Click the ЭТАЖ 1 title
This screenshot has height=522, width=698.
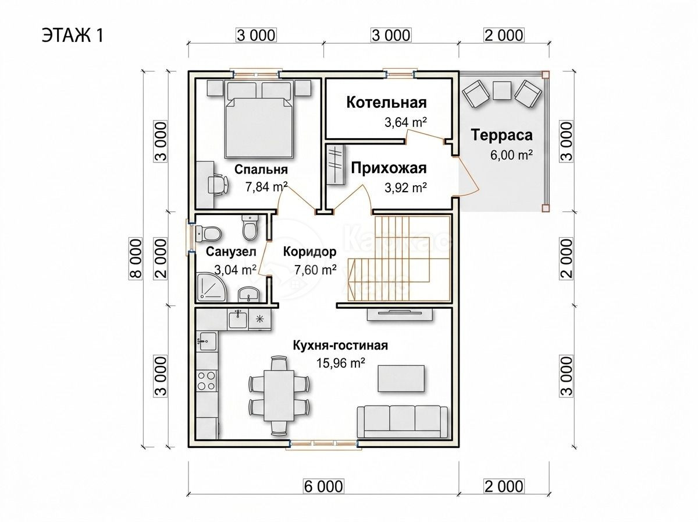73,35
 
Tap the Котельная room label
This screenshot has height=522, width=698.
386,103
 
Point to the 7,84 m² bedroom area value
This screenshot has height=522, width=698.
266,186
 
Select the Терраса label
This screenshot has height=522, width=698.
501,135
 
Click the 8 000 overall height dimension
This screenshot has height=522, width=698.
136,259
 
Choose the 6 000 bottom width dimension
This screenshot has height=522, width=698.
323,486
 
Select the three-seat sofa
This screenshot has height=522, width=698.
403,421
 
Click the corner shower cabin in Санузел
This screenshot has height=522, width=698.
211,287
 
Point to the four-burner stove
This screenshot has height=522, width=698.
206,381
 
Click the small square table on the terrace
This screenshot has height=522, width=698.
502,91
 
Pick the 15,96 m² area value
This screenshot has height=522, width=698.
340,363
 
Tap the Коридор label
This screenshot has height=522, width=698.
309,252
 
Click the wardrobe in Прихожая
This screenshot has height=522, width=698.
336,164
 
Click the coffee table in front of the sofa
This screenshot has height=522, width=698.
401,378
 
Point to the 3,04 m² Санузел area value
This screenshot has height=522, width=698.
236,270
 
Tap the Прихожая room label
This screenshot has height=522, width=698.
389,168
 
